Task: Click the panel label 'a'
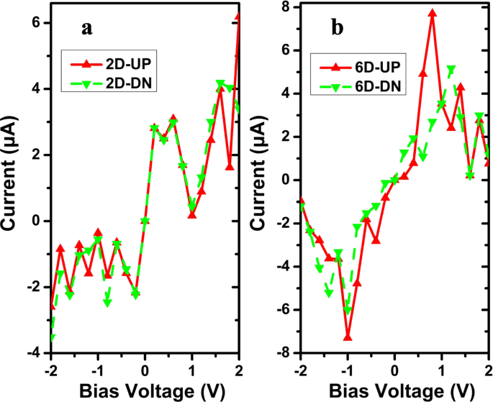tap(87, 29)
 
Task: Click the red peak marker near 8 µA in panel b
tap(433, 13)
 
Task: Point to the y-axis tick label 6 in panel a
tap(35, 23)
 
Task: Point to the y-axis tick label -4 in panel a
tap(32, 353)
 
